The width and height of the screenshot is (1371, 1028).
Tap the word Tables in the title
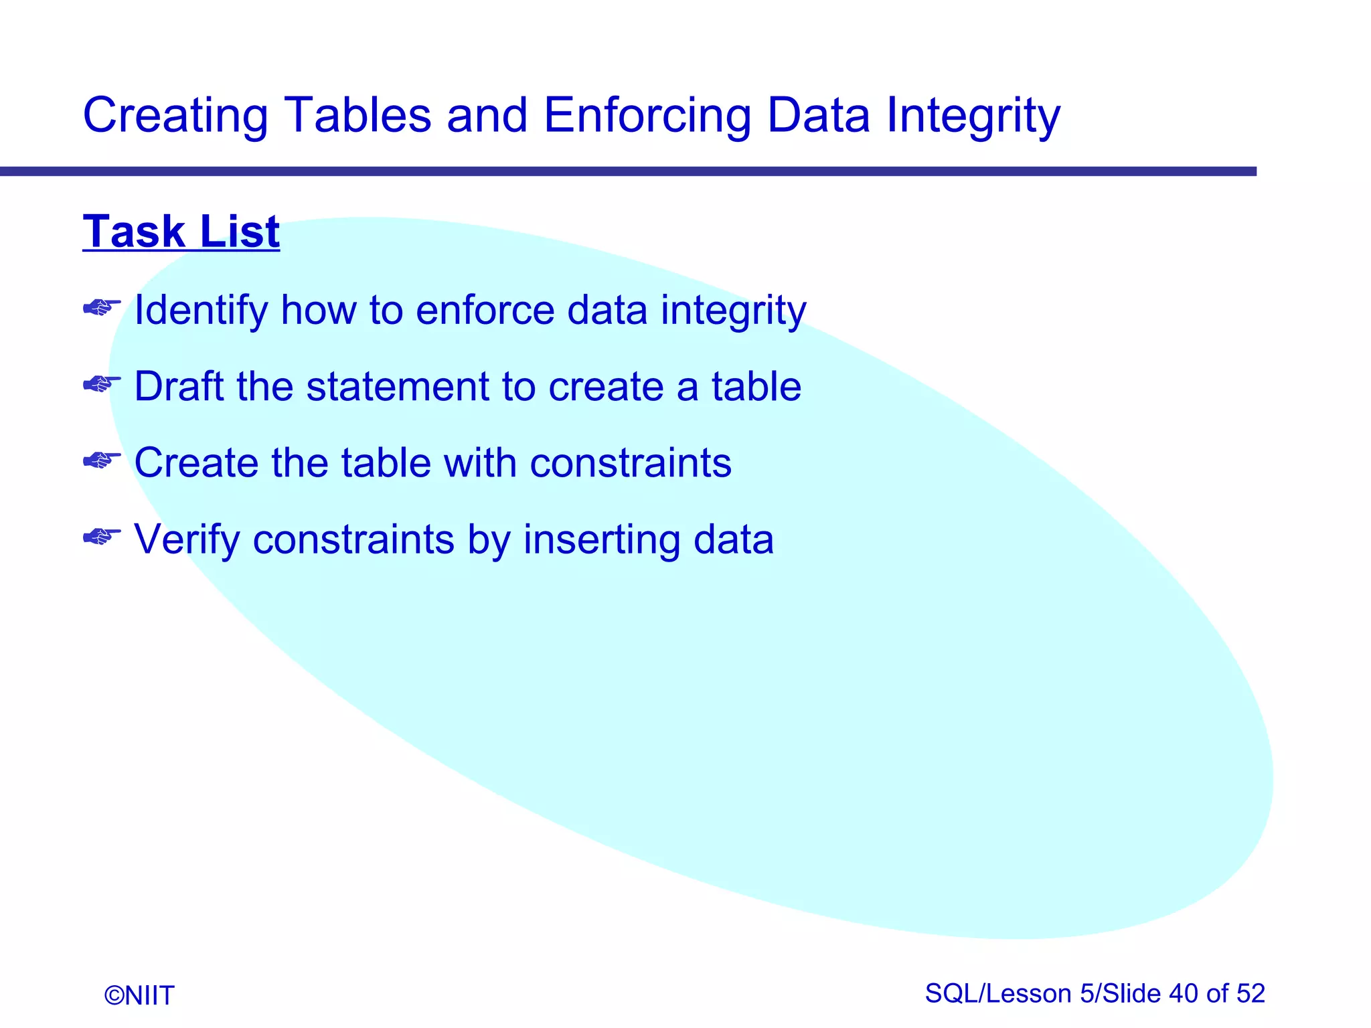[x=357, y=115]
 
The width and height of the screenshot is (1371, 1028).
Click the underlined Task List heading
[x=181, y=232]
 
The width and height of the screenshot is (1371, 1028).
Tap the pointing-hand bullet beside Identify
[x=102, y=308]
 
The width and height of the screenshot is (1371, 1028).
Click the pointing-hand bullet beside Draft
[x=102, y=384]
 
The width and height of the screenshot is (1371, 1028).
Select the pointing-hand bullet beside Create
[x=102, y=460]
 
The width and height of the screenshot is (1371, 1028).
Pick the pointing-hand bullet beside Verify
[x=102, y=537]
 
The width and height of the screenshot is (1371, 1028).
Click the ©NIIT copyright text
[x=139, y=995]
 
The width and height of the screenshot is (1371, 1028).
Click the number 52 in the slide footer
[x=1250, y=993]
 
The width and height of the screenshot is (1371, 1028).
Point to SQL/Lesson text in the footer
[x=998, y=993]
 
